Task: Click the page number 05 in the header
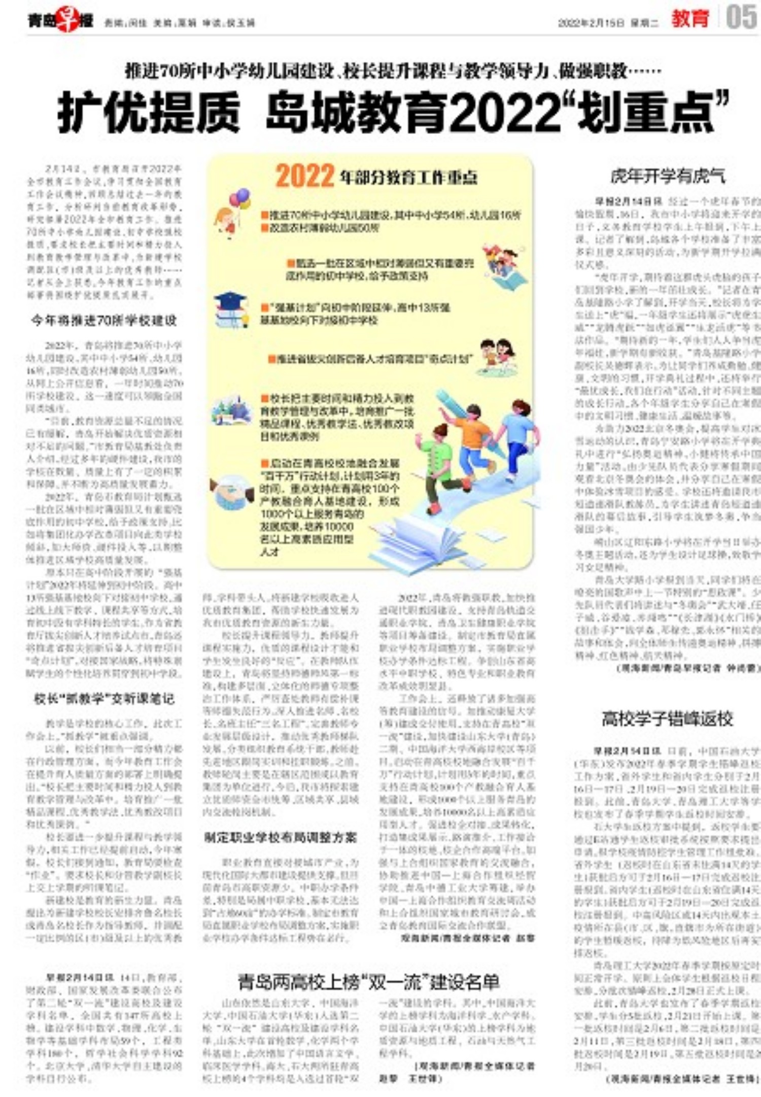[x=741, y=18]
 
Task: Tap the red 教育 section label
[x=690, y=19]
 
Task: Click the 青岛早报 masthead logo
[x=60, y=21]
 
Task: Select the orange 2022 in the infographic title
[x=304, y=176]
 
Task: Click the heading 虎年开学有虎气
[x=667, y=176]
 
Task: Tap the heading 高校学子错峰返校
[x=667, y=718]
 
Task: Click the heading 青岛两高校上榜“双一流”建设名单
[x=369, y=982]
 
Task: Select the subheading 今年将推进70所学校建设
[x=104, y=321]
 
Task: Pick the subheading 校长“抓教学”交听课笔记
[x=104, y=699]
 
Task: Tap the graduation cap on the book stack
[x=229, y=298]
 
